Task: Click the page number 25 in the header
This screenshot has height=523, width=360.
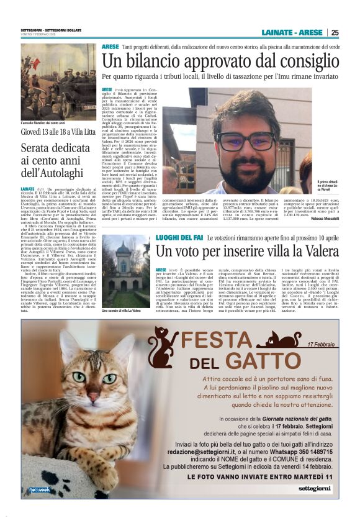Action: [335, 33]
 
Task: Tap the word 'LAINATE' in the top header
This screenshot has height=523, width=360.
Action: [277, 33]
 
